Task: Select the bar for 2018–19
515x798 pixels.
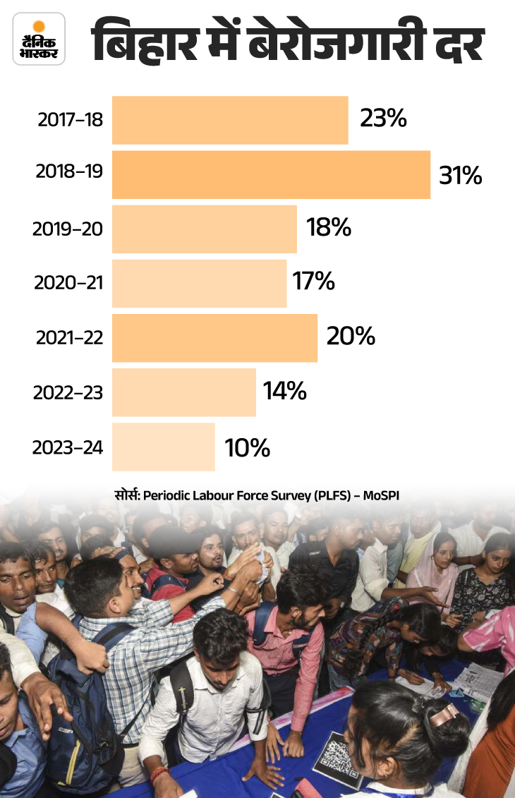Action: pos(271,174)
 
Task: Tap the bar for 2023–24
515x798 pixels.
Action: pos(163,447)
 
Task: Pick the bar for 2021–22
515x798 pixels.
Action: pos(214,338)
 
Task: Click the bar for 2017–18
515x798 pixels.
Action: pos(230,120)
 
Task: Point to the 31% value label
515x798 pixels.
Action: pos(460,175)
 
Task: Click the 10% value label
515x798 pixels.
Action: pos(247,447)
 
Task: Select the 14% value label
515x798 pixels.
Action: pos(285,392)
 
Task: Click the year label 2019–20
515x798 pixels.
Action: pos(68,229)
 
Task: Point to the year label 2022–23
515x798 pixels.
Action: pos(68,392)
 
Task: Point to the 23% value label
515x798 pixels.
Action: pos(383,119)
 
